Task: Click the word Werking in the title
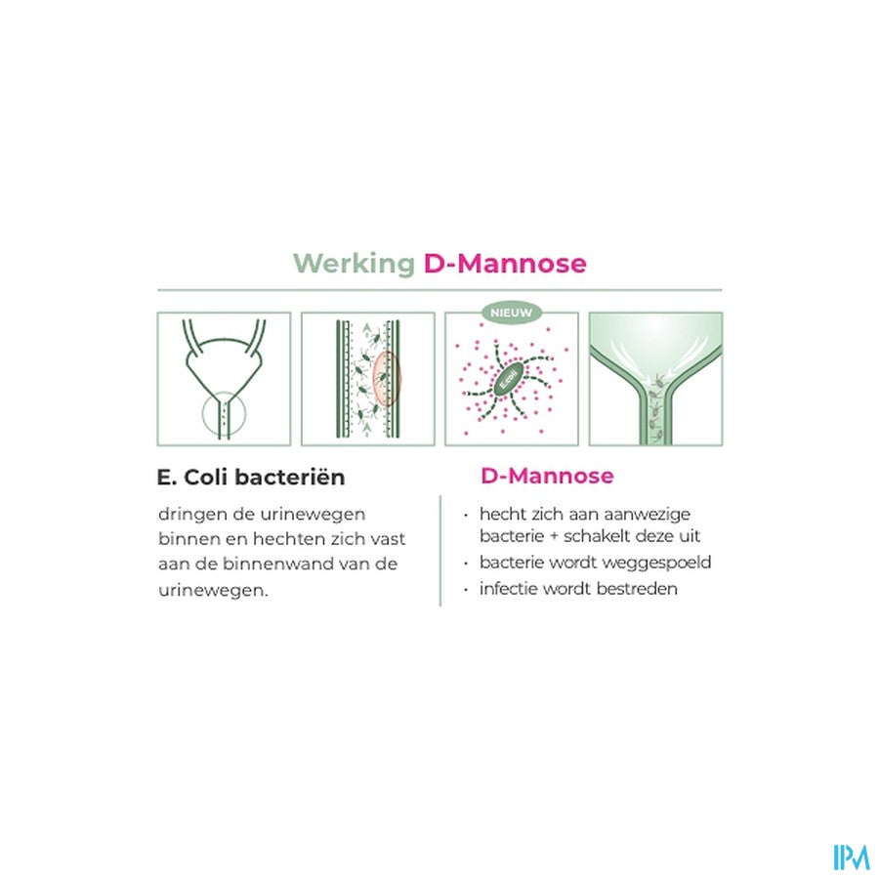tap(354, 264)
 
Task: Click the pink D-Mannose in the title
tap(505, 263)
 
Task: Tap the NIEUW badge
tap(512, 314)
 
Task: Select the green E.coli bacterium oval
tap(511, 379)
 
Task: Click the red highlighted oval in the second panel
tap(387, 378)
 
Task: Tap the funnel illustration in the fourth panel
tap(655, 379)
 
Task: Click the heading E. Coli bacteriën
tap(251, 478)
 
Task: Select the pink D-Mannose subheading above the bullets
tap(547, 476)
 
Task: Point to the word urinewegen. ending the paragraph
tap(214, 591)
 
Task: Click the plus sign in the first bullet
tap(554, 536)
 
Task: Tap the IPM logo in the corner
tap(852, 858)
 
